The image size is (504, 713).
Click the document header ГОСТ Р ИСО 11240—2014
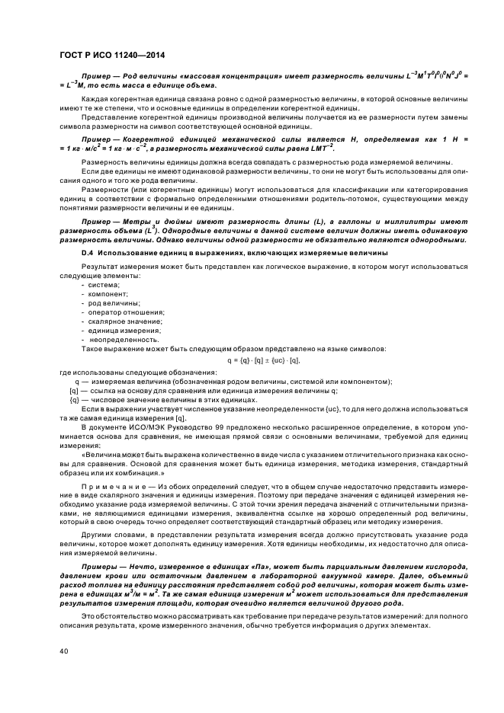112,56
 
